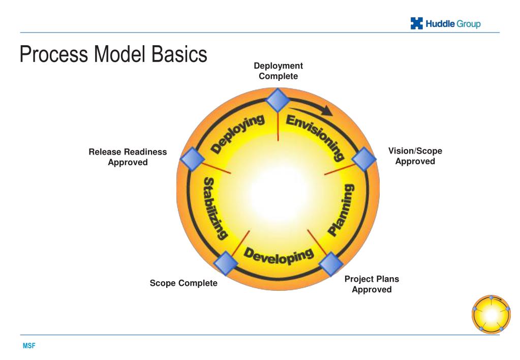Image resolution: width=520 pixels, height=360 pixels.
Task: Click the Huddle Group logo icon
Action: point(417,23)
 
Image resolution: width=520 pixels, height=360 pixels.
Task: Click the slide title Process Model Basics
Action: point(113,54)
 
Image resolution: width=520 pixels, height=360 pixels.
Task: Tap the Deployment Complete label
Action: point(278,71)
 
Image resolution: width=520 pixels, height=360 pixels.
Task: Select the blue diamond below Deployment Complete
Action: point(278,100)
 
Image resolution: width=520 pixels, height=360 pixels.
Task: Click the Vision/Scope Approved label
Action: point(415,156)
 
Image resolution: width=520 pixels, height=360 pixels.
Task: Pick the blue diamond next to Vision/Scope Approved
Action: point(364,159)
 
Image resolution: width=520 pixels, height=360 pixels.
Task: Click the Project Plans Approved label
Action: point(372,284)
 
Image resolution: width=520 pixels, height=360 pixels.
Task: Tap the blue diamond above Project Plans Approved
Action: point(331,264)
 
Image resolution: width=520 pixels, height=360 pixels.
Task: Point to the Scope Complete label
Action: point(183,283)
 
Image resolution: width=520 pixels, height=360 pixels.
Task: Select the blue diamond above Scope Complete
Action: point(226,263)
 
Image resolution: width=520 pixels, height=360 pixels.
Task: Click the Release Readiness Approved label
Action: point(128,157)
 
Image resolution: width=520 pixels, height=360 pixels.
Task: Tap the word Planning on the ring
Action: point(341,210)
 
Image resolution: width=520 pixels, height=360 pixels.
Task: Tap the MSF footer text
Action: point(28,346)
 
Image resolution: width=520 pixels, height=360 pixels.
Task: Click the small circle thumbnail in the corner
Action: point(491,314)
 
